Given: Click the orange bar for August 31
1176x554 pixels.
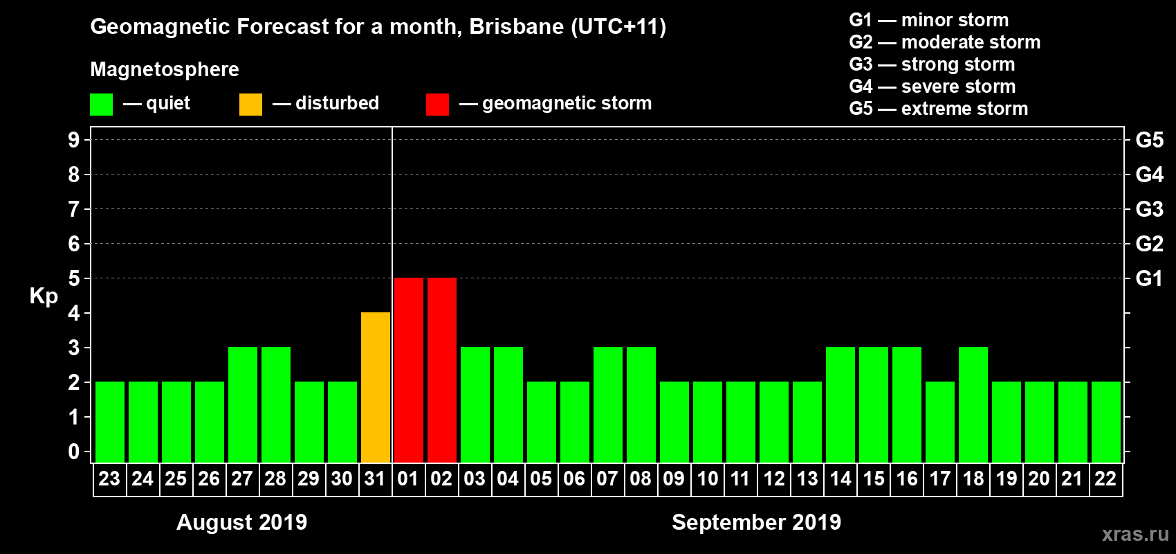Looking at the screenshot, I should [376, 387].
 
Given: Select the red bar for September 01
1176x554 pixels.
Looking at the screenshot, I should [409, 370].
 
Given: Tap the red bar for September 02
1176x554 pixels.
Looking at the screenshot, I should [442, 370].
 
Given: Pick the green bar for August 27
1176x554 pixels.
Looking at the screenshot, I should [243, 404].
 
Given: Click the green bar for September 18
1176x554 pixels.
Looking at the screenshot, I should [973, 404].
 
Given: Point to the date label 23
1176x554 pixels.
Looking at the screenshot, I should [109, 479].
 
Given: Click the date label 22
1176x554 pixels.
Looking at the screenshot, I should [1105, 479].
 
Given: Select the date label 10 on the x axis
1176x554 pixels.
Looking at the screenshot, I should [707, 479].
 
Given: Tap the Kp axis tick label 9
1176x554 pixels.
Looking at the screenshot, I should [74, 140].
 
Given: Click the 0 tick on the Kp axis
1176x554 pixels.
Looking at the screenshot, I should [74, 452].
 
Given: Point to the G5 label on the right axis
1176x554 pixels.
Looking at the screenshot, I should [1149, 140].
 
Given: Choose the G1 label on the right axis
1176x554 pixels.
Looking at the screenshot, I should [1149, 278].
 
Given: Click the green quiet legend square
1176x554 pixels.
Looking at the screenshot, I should [102, 105].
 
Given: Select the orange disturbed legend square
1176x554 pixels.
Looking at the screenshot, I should [251, 105].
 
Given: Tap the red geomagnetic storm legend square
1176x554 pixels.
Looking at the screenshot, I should [437, 105].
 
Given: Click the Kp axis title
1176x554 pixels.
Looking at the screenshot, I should [44, 296].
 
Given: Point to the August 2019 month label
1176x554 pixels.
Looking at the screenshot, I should [242, 522].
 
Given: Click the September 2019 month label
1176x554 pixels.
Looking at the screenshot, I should [756, 522].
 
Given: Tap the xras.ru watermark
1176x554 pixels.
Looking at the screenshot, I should [1135, 534].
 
